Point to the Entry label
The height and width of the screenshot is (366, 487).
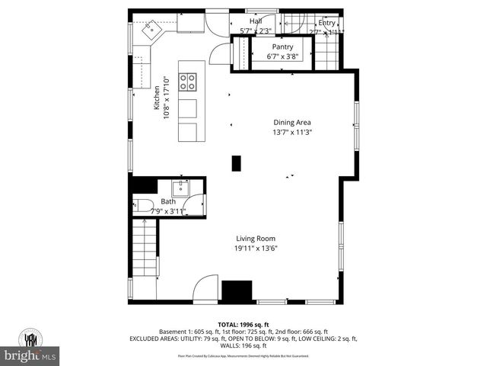coord(326,23)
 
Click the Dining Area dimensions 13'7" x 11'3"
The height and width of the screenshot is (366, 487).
coord(292,132)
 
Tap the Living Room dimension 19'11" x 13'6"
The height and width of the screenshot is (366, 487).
coord(255,248)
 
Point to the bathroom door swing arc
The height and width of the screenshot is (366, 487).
coord(196,204)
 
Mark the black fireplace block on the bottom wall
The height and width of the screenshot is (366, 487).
coord(236,291)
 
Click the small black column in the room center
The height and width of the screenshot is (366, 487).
coord(236,163)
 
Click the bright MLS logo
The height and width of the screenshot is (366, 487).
coord(30,355)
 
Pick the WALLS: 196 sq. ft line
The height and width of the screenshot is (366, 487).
coord(243,345)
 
